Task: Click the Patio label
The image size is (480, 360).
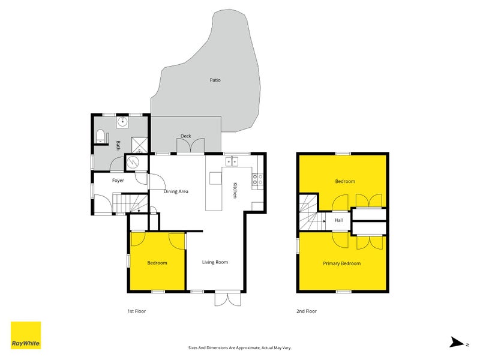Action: [215, 80]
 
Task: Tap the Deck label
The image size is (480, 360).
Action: [186, 136]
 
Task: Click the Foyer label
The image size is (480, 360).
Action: [118, 180]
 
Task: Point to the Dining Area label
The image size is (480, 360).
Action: [176, 191]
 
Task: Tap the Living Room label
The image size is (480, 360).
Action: [215, 262]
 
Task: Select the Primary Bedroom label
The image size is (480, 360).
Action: [342, 263]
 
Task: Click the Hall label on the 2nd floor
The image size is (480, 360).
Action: [339, 220]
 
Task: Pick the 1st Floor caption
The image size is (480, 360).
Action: [137, 311]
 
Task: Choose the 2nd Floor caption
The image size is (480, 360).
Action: [307, 311]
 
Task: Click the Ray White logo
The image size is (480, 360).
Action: [26, 335]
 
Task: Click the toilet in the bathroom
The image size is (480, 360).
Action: [100, 136]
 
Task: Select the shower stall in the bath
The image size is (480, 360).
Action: [139, 144]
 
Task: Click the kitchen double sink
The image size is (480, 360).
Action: [232, 161]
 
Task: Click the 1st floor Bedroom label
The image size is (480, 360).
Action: [157, 263]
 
